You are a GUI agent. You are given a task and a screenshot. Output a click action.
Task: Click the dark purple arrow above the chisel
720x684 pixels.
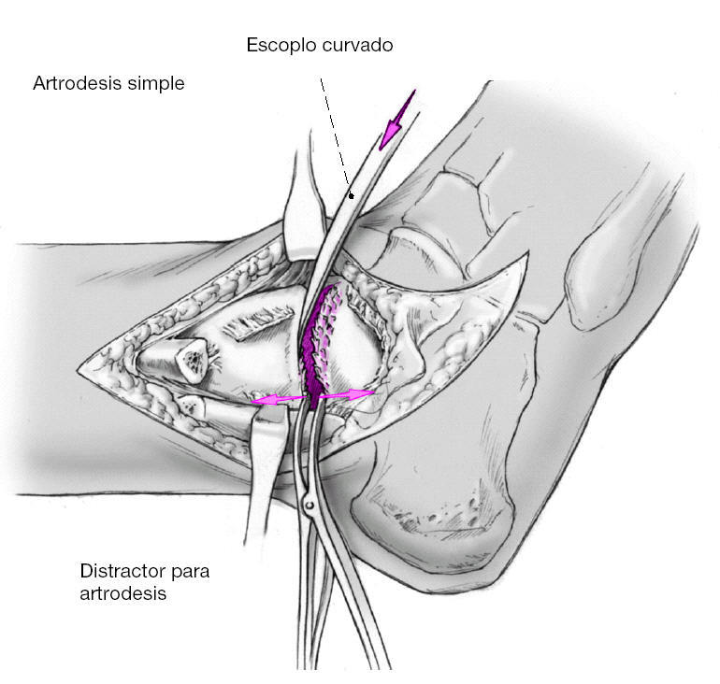pos(396,120)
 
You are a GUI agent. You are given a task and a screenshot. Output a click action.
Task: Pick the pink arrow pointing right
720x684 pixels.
pos(347,395)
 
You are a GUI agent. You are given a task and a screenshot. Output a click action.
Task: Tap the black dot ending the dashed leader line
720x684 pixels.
pos(351,195)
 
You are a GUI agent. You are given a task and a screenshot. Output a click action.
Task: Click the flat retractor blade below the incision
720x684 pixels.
pos(264,486)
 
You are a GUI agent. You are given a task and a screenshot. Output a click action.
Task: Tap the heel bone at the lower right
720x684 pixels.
pos(439,505)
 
